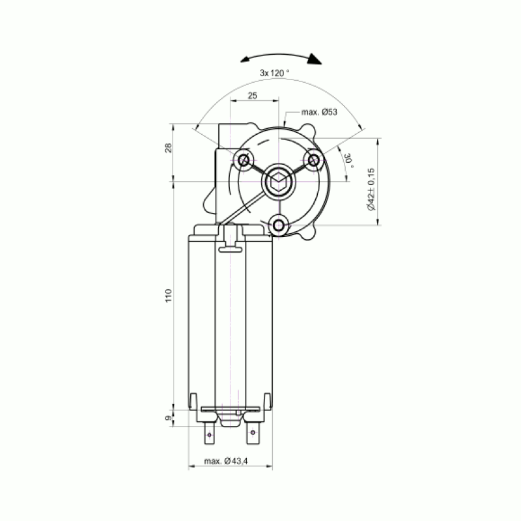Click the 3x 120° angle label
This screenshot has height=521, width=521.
coord(274,73)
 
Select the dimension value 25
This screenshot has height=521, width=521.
coord(253,96)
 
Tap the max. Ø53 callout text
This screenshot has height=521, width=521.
coord(319,112)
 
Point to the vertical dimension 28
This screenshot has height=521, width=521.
coord(169,148)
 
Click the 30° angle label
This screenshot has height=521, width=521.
coord(348,160)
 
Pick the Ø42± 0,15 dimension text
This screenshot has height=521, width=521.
coord(371,189)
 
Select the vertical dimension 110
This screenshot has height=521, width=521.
coord(169,296)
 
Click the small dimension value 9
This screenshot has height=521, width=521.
coord(169,418)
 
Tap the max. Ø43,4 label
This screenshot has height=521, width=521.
coord(225,461)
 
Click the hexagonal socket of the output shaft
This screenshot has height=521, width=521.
coord(279,182)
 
